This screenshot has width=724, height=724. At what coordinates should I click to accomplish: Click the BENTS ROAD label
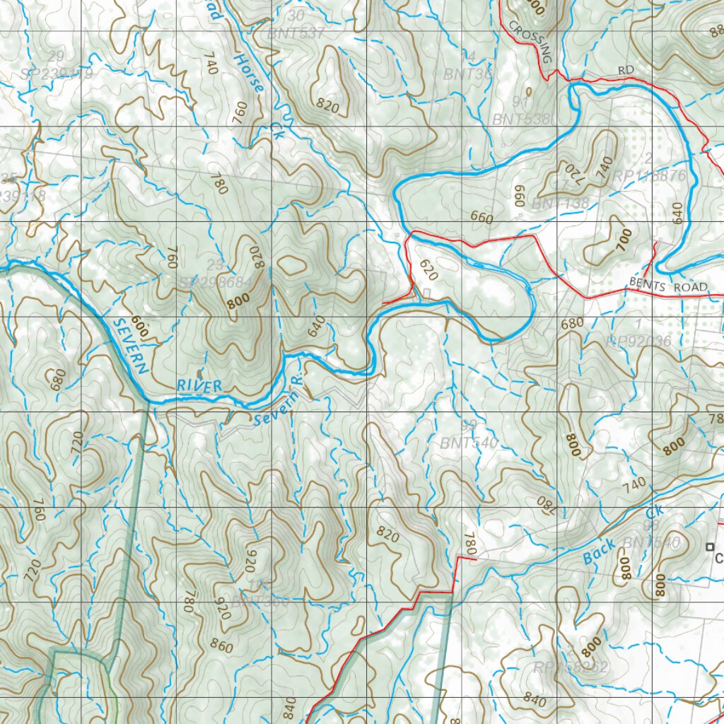[x=667, y=286]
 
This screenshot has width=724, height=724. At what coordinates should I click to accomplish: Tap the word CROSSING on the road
[x=528, y=42]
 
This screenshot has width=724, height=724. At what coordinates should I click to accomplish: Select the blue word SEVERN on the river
[x=130, y=345]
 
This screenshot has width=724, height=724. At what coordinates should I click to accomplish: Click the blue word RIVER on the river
[x=200, y=386]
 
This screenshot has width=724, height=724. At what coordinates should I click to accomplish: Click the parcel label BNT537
[x=296, y=33]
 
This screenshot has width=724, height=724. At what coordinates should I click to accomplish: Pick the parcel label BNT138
[x=560, y=204]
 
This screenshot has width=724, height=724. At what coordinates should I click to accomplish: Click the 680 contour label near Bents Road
[x=571, y=323]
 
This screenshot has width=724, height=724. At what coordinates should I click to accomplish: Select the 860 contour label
[x=221, y=646]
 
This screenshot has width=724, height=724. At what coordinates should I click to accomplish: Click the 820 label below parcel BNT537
[x=329, y=107]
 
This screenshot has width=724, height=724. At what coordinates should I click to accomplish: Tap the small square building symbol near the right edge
[x=709, y=546]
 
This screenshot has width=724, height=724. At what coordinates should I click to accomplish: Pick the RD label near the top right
[x=625, y=70]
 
